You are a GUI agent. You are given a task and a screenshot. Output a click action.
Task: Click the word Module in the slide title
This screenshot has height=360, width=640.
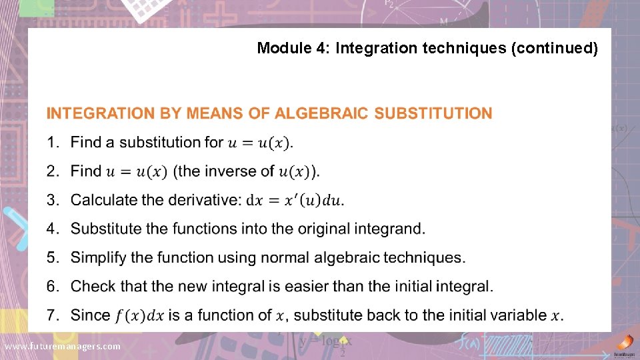279,48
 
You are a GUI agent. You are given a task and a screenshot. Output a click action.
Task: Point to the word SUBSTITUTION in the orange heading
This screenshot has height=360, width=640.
433,113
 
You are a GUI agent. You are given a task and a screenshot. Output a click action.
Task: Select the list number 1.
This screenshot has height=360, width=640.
52,142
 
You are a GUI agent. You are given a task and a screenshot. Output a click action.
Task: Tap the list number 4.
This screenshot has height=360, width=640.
53,229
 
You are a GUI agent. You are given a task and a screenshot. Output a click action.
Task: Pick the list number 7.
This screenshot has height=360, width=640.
53,315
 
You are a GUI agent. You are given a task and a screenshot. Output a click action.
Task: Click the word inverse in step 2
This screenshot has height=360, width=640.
231,171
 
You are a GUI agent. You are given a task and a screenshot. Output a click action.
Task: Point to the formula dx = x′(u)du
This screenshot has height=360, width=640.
296,200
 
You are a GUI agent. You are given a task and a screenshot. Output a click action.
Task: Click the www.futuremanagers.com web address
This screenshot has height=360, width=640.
63,346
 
